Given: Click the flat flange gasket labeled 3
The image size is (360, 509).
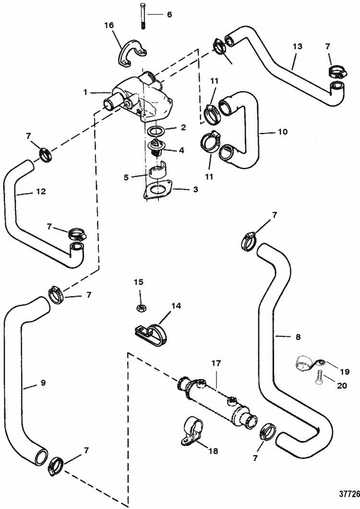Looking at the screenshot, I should [x=157, y=190].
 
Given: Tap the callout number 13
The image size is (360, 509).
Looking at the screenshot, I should [x=298, y=47].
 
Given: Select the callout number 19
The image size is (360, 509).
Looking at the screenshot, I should [x=345, y=371].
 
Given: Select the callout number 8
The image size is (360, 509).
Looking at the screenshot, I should [x=298, y=338].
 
